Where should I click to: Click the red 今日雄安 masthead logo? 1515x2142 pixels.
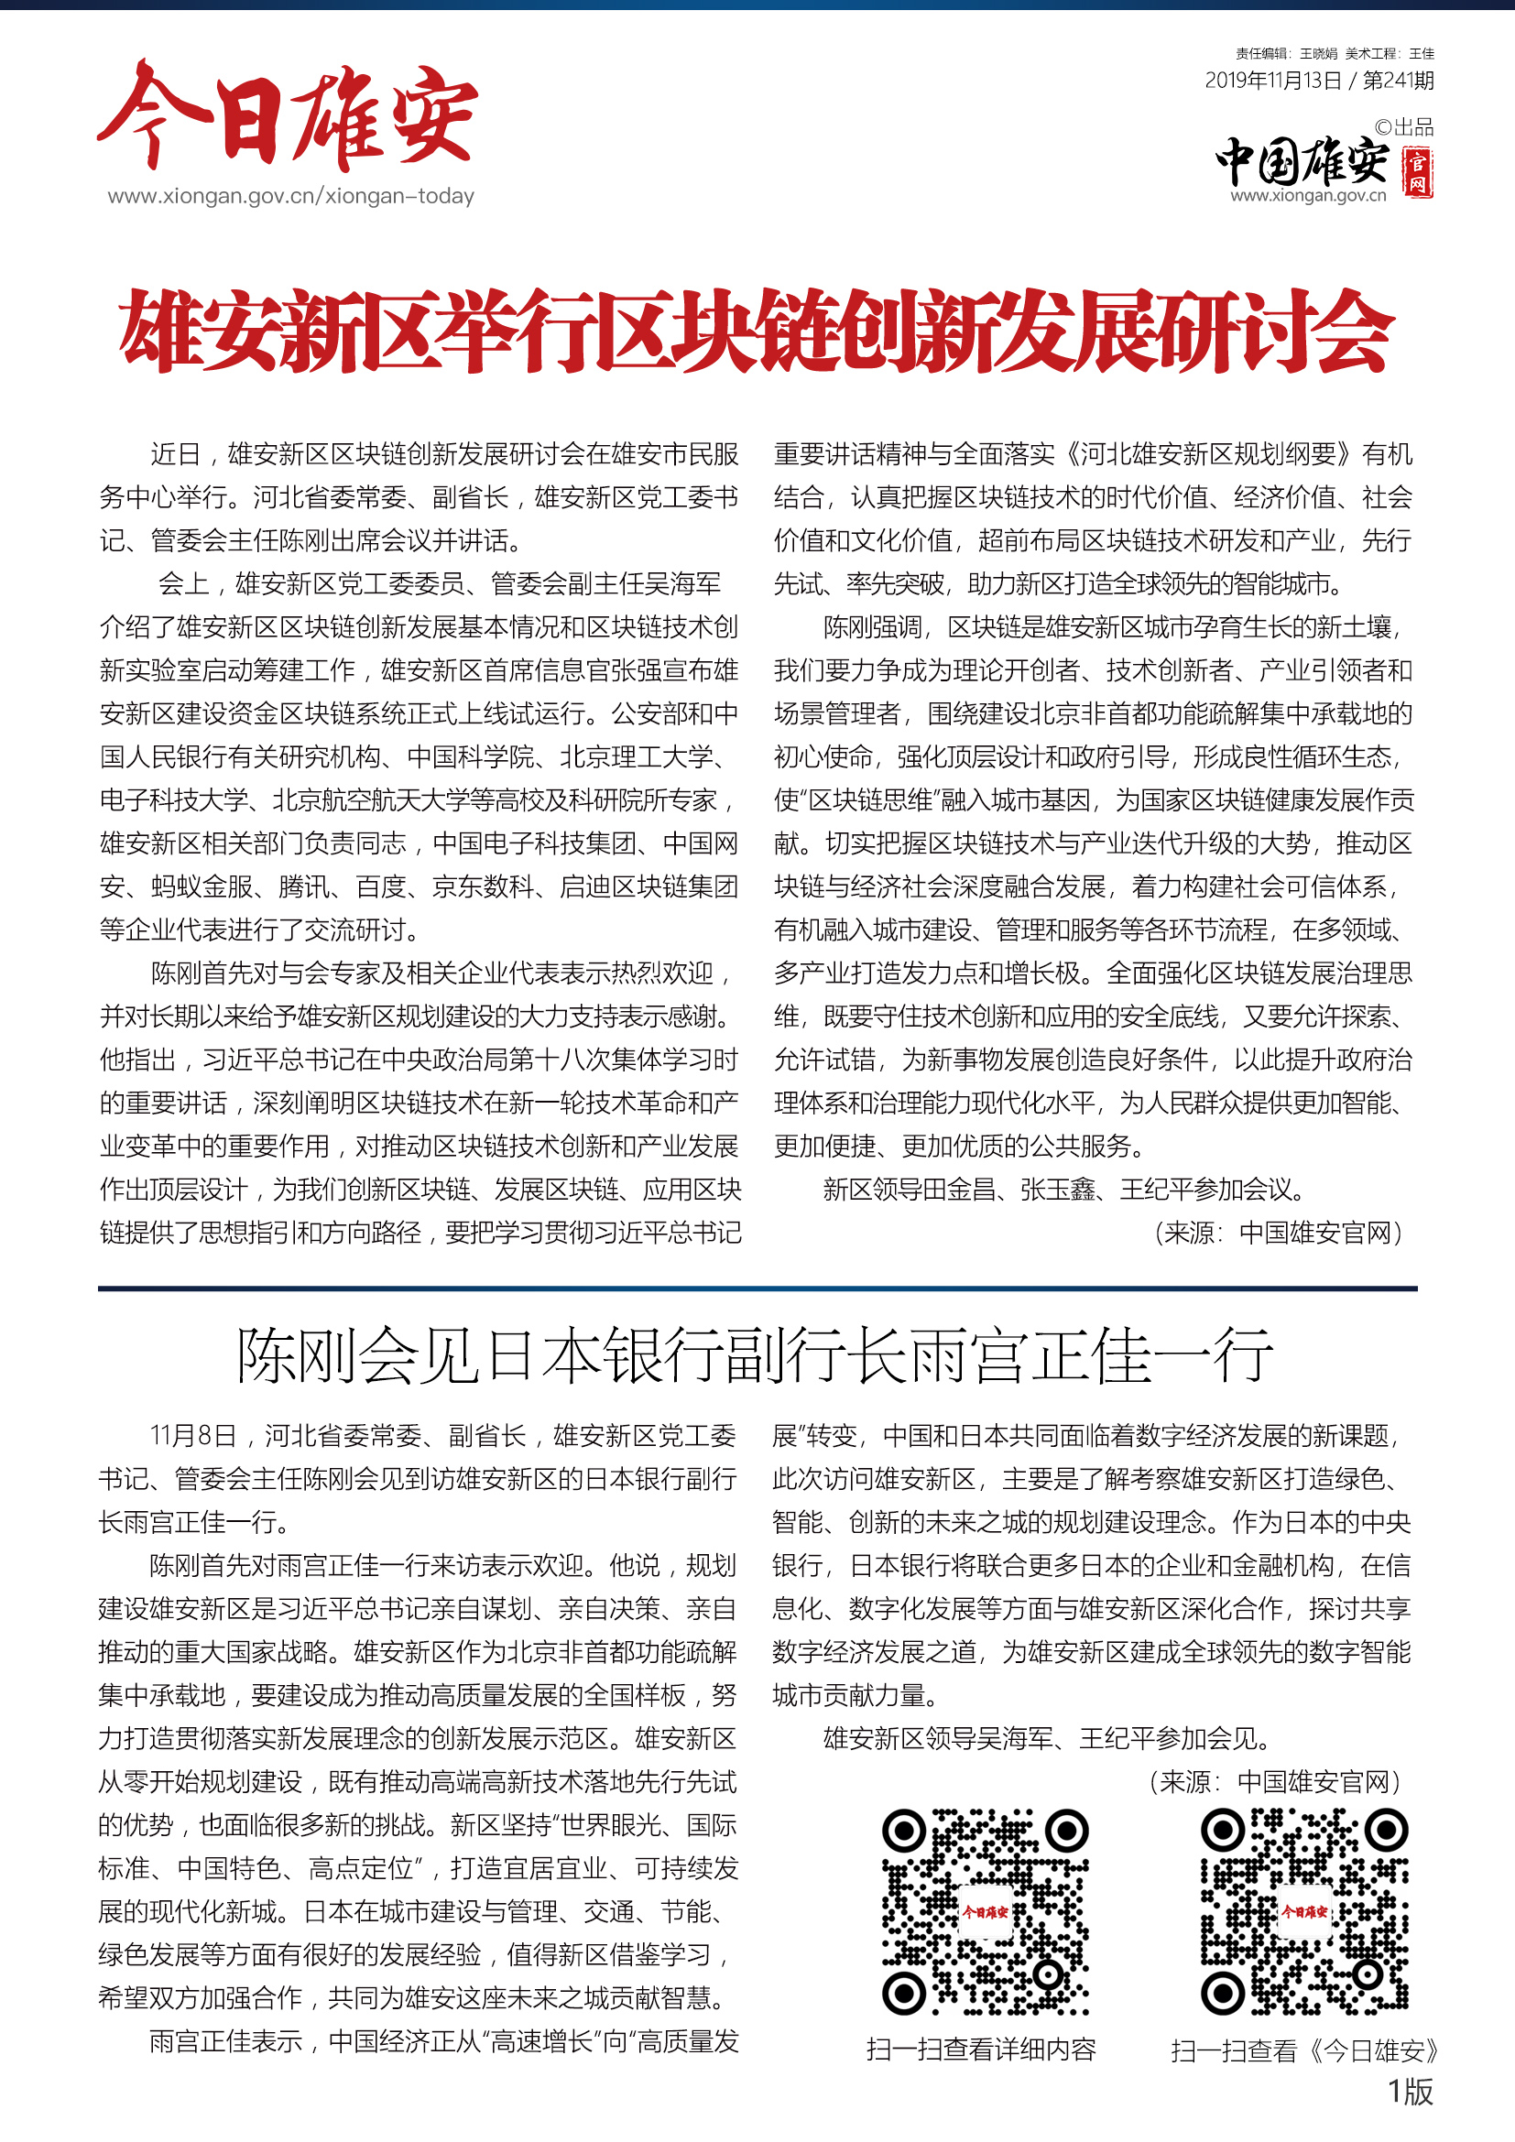(288, 116)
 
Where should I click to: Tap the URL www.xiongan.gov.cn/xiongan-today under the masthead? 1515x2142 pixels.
(290, 196)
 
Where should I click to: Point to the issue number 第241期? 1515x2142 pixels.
(1398, 81)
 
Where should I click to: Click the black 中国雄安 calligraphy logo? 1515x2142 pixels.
(1302, 161)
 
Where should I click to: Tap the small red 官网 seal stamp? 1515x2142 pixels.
(1418, 171)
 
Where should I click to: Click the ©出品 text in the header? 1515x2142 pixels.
(1404, 127)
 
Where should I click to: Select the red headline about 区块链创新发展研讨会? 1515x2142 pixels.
(756, 332)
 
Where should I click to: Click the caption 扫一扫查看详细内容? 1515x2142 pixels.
(980, 2049)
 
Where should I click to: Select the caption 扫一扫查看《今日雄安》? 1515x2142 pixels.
(1304, 2050)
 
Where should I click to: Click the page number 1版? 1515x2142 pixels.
(1410, 2091)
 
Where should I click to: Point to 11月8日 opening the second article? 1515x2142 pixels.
(193, 1435)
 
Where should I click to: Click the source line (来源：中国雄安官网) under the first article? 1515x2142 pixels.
(1278, 1233)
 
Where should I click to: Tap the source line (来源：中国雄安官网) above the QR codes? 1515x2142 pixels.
(1274, 1782)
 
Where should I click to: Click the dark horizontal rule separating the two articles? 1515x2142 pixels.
(757, 1288)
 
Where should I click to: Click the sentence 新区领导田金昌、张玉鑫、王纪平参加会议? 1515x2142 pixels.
(1063, 1190)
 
